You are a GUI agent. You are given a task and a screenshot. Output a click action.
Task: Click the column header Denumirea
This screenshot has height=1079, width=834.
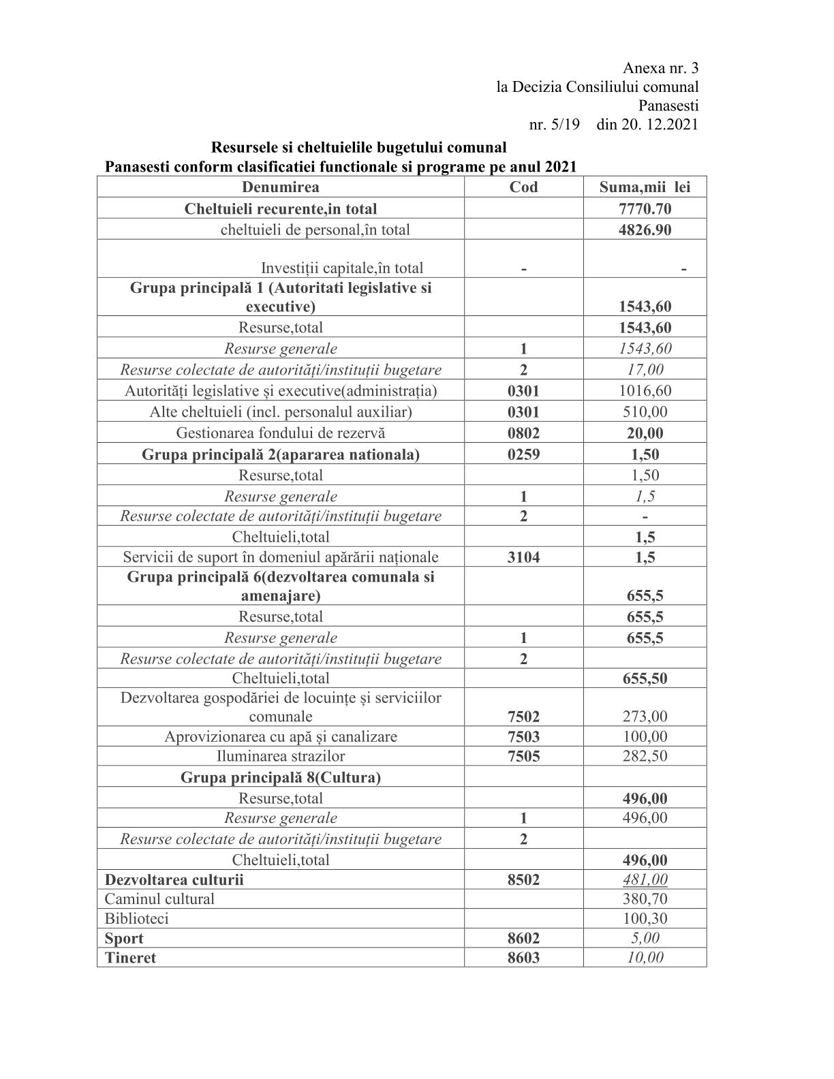280,187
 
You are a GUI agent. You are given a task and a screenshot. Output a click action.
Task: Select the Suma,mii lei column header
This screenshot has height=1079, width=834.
645,187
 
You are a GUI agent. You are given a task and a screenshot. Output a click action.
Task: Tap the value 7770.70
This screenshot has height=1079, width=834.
645,208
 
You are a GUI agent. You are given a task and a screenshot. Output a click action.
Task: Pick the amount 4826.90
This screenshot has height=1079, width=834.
645,230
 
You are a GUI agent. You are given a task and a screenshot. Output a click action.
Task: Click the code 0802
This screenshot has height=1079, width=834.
523,433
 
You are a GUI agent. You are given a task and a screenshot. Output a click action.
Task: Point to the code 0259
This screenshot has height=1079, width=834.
523,454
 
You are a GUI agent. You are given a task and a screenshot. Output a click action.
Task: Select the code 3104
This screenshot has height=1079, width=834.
523,557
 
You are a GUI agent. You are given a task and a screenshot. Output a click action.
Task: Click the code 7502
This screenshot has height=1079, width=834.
523,716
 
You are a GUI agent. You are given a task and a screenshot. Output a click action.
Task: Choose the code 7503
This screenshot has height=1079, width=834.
523,736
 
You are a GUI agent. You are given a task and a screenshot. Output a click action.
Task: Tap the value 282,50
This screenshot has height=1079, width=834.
645,756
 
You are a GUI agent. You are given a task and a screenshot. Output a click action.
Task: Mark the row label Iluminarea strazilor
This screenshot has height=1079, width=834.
281,756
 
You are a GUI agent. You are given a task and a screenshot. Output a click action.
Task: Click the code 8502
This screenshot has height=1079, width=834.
523,879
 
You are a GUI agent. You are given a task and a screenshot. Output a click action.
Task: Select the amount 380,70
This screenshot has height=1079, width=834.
645,899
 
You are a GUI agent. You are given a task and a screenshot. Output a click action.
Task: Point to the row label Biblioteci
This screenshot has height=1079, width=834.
136,918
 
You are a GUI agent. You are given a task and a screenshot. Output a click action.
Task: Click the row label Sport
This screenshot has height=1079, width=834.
124,938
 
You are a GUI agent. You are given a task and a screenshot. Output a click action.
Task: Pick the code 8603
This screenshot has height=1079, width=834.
523,958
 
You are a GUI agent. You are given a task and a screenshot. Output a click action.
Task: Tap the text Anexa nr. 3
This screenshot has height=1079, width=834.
660,68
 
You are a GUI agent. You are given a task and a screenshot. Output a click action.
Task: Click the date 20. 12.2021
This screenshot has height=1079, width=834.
647,125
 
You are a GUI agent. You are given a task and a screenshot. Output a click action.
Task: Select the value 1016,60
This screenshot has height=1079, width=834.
645,391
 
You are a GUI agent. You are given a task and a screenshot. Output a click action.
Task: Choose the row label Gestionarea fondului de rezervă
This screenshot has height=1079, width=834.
281,433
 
